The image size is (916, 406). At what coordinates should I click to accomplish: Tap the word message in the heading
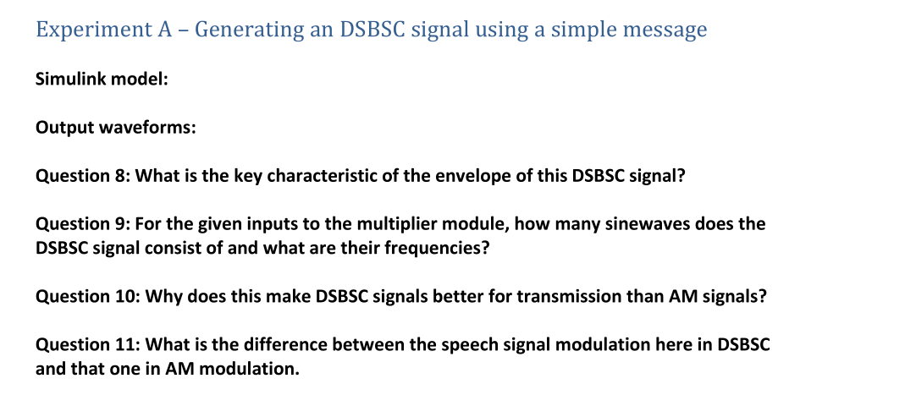point(665,30)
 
